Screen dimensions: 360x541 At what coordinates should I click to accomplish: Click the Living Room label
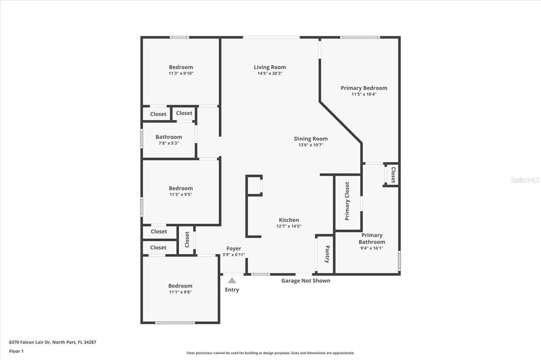269,67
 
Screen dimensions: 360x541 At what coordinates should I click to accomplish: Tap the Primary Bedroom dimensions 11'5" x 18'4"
363,94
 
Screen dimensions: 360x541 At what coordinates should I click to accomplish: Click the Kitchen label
288,220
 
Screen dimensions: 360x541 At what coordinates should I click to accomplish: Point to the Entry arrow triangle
232,281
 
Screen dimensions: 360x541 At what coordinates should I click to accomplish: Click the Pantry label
328,254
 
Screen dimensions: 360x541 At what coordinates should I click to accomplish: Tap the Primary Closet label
347,201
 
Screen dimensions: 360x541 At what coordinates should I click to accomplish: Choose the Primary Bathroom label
371,239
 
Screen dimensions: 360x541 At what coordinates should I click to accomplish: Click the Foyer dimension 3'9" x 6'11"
233,255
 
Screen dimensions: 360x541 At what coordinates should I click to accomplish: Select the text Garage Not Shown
305,281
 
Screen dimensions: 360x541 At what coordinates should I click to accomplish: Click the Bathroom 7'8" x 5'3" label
169,140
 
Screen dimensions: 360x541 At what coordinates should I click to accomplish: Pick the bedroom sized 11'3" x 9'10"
181,70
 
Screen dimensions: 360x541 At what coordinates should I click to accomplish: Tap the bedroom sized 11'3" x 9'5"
181,191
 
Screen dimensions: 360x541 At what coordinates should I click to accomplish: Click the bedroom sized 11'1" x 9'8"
181,289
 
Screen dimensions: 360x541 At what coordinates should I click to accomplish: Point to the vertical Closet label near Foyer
187,240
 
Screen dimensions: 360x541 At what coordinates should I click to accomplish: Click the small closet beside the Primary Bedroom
393,175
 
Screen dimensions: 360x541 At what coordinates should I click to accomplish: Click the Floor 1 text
16,351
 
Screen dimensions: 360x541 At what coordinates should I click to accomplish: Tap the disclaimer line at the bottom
270,353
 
